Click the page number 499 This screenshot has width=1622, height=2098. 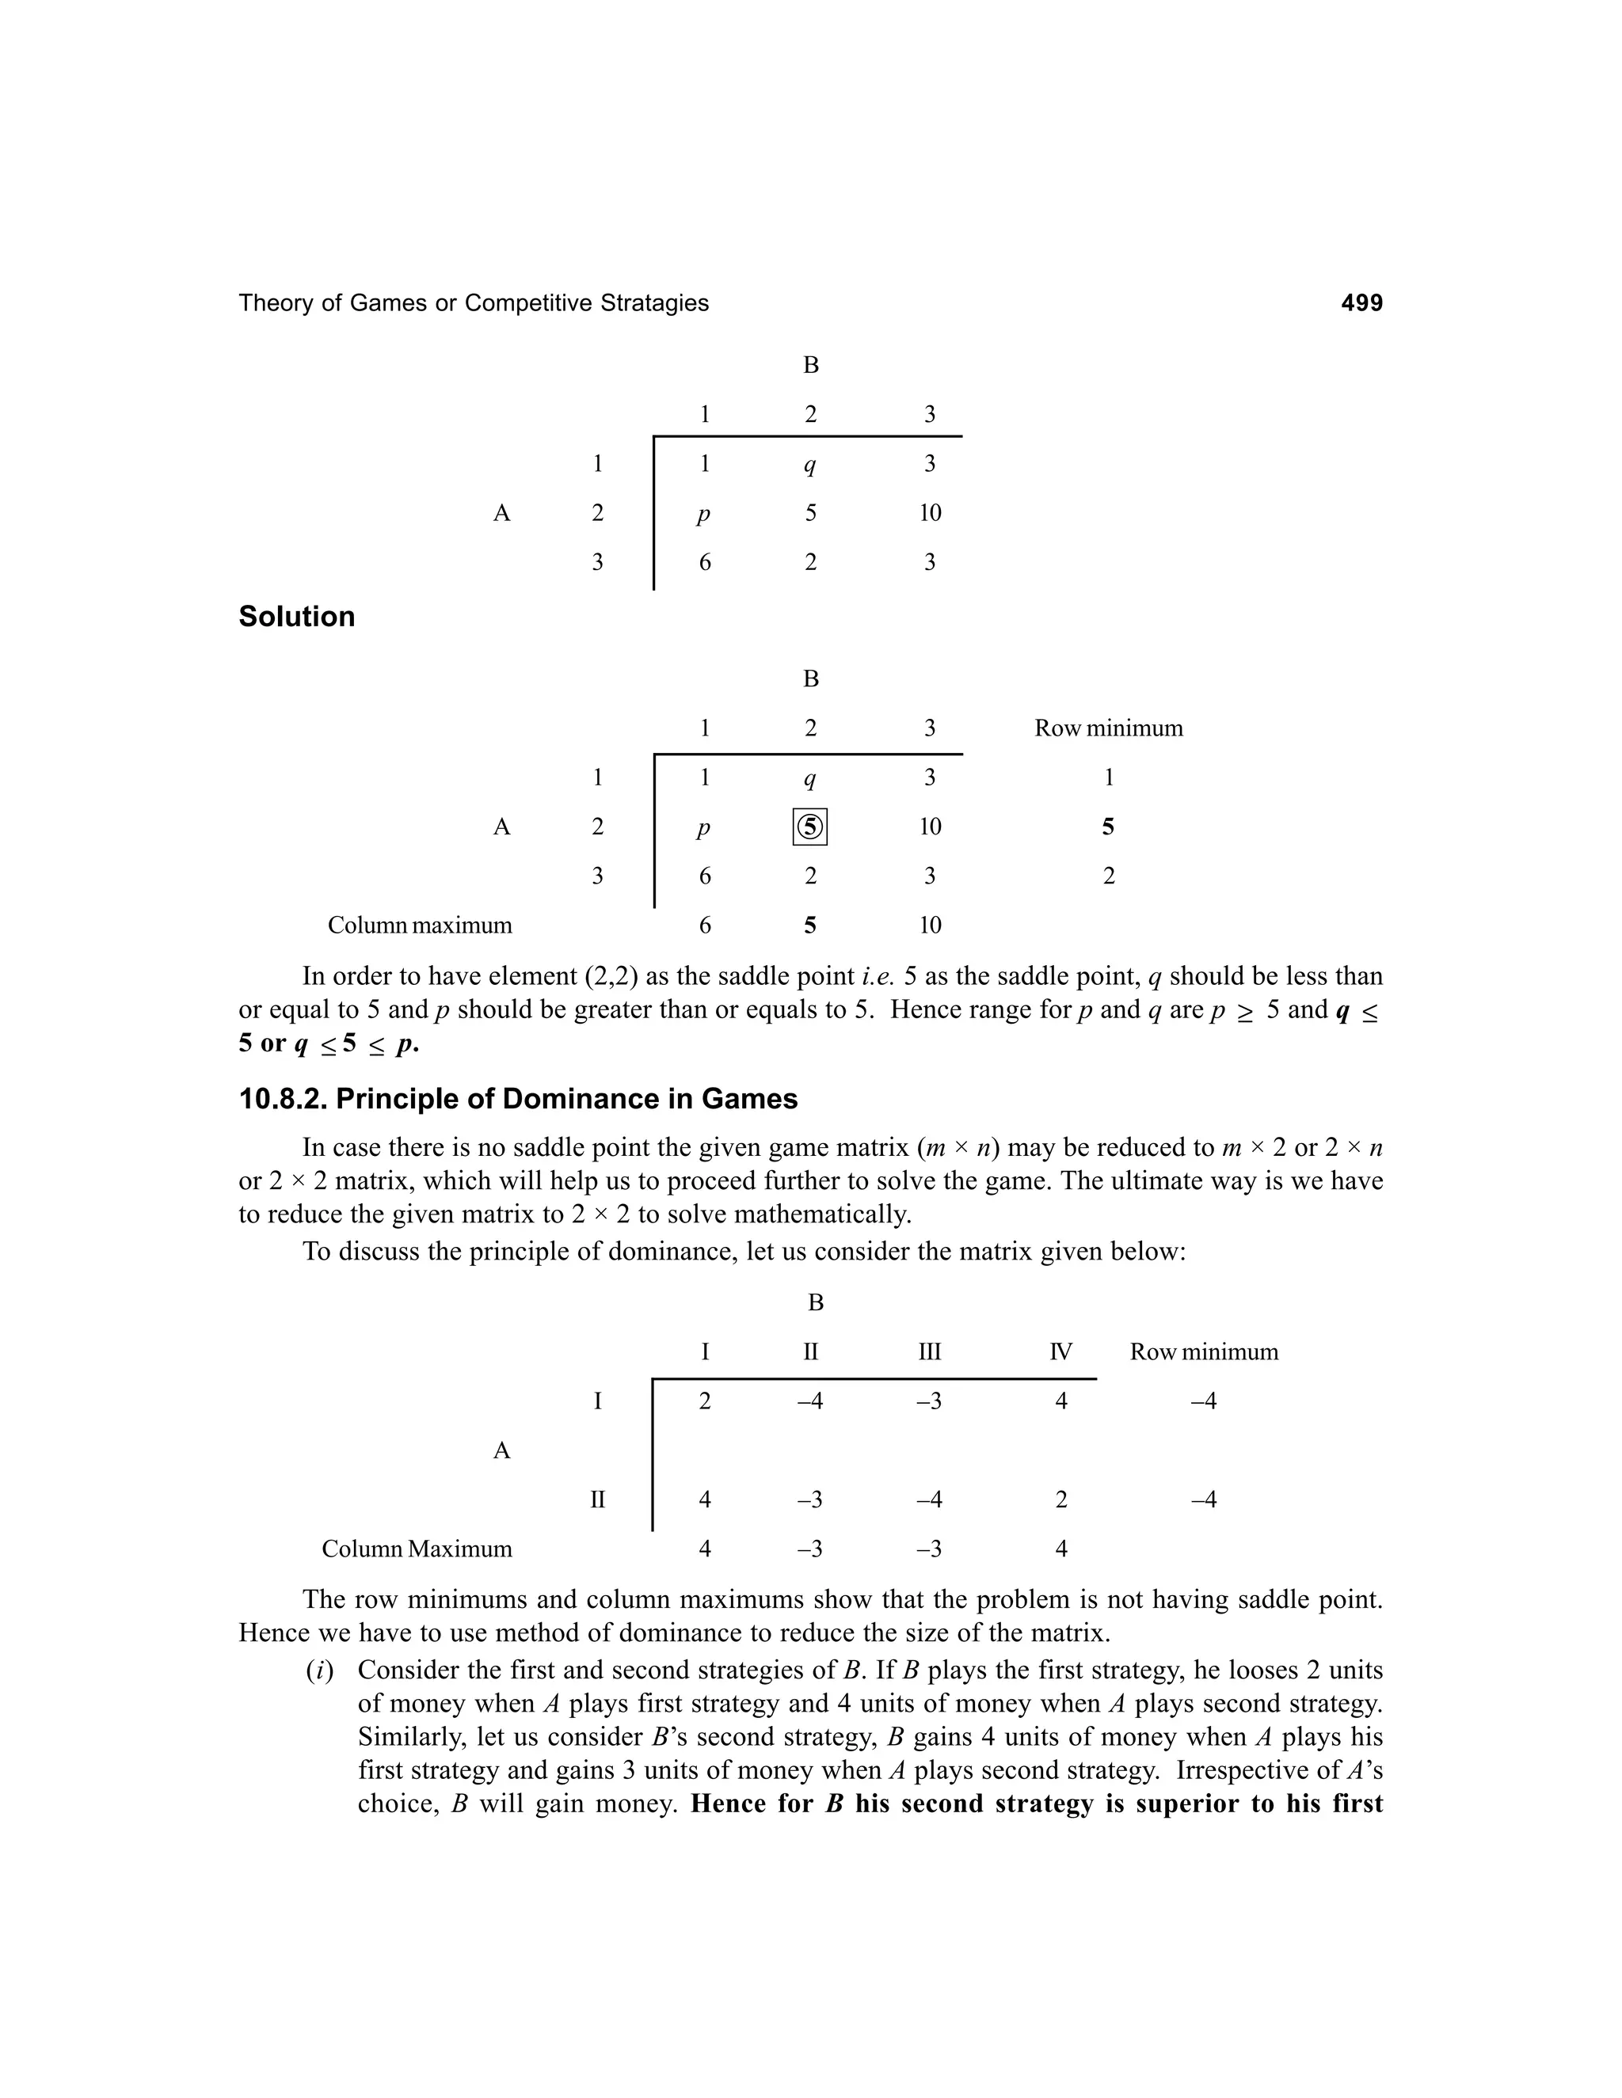coord(1361,303)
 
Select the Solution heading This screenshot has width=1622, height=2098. coord(296,617)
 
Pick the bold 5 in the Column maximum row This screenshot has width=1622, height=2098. coord(810,925)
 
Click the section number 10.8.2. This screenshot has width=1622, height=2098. coord(283,1099)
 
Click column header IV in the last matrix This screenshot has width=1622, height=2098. coord(1060,1352)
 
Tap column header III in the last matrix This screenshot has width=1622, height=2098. coord(929,1352)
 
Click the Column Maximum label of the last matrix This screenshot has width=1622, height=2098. coord(417,1549)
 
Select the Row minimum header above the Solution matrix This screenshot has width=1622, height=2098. coord(1108,728)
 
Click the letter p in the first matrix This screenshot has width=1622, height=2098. coord(703,514)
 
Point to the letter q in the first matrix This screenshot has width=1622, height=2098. coord(810,466)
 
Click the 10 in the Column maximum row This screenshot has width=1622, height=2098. coord(929,925)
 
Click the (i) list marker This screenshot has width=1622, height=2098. coord(319,1670)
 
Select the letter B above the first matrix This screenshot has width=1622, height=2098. coord(810,365)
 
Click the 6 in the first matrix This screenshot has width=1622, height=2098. coord(704,563)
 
